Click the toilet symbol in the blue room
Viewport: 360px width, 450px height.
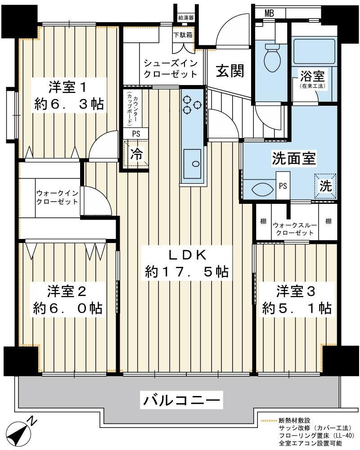(271, 58)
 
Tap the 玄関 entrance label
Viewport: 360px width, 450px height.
(230, 71)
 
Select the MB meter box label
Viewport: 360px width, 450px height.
(269, 13)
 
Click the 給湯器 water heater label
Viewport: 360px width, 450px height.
(186, 18)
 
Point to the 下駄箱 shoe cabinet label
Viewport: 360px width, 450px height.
(183, 35)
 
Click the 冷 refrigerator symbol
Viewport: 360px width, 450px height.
(136, 154)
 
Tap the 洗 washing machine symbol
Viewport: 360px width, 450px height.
(325, 186)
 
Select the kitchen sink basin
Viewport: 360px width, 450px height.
(192, 164)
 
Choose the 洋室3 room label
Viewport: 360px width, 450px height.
(296, 291)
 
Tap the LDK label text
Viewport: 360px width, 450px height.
(187, 255)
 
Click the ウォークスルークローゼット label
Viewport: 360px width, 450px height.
(295, 229)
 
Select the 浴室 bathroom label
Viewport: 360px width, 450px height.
(312, 76)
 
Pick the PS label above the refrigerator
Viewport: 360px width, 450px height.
(136, 134)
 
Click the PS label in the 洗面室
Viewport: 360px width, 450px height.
(283, 186)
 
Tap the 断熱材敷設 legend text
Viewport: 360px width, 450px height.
(294, 421)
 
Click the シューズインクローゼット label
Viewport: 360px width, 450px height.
(171, 68)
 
